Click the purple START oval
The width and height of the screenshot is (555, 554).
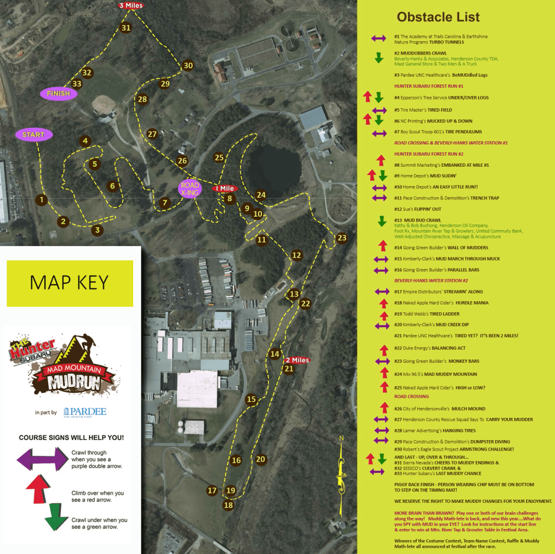[34, 134]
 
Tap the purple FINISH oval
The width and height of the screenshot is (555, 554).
[58, 93]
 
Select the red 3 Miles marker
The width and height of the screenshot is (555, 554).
[130, 6]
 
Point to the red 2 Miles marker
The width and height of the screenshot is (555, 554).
[297, 360]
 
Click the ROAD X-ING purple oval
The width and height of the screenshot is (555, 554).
[190, 188]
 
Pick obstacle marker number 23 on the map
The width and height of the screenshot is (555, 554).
[342, 238]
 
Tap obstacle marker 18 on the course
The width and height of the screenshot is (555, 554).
[228, 505]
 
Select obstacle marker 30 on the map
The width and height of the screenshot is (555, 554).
[188, 66]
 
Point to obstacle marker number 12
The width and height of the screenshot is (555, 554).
[296, 256]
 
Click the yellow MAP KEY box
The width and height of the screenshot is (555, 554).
[70, 283]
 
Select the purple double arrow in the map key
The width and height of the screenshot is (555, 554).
[42, 458]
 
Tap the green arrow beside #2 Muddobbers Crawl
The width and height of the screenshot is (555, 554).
[379, 57]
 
